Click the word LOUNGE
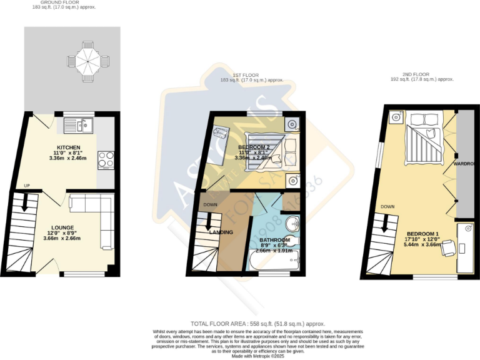62,227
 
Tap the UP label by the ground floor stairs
26,186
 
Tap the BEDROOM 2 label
254,147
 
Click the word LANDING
222,232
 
